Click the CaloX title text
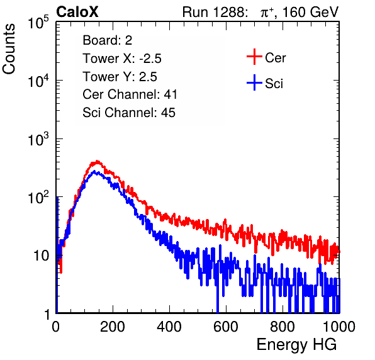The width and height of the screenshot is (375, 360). click(x=77, y=12)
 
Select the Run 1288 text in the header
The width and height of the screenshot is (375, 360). click(x=213, y=12)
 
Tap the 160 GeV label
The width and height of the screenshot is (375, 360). click(x=311, y=12)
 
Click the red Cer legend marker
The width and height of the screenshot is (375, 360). click(x=254, y=57)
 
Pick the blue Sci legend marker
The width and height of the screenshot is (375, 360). click(x=254, y=83)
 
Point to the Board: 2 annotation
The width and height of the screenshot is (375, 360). click(x=108, y=40)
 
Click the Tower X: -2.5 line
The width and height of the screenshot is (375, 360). click(x=122, y=59)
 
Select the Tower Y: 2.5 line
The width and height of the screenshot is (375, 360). click(x=120, y=77)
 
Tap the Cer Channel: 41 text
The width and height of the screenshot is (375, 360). click(x=130, y=94)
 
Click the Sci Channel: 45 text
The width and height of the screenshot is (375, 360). click(x=129, y=112)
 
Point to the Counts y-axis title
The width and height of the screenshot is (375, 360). click(x=9, y=49)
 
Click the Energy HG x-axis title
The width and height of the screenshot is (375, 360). click(x=296, y=344)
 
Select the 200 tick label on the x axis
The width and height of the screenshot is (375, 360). click(x=113, y=327)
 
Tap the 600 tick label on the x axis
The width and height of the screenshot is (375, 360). click(x=226, y=327)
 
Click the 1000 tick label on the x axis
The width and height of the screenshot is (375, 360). click(x=339, y=327)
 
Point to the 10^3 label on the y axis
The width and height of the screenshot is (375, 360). click(x=38, y=138)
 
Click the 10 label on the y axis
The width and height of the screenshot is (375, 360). click(x=41, y=256)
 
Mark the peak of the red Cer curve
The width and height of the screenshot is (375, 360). click(x=97, y=161)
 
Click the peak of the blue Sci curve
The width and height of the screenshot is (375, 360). click(x=94, y=172)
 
